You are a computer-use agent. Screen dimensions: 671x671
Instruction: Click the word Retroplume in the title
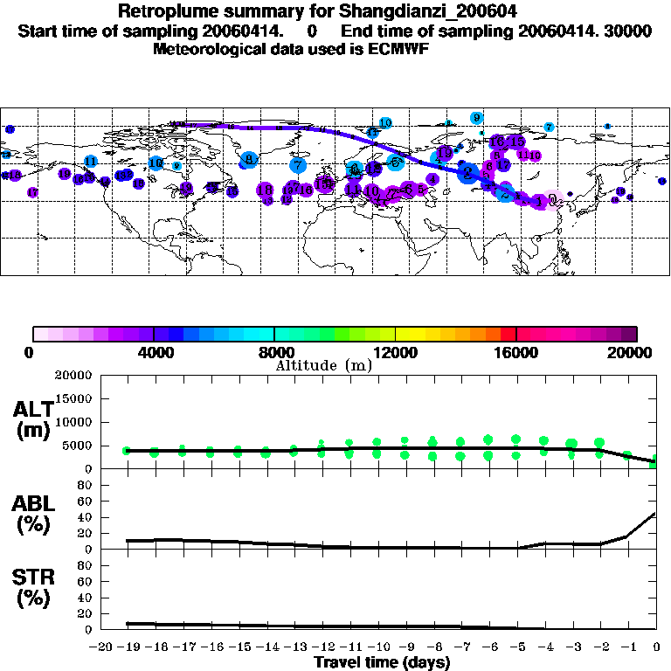[165, 12]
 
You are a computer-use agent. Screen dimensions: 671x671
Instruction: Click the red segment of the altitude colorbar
[508, 334]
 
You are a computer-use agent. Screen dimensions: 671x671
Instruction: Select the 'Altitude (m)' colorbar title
[323, 365]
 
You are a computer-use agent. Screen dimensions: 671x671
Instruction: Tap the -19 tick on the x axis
[127, 647]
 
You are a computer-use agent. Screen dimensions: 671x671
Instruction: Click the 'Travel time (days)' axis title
[382, 662]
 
